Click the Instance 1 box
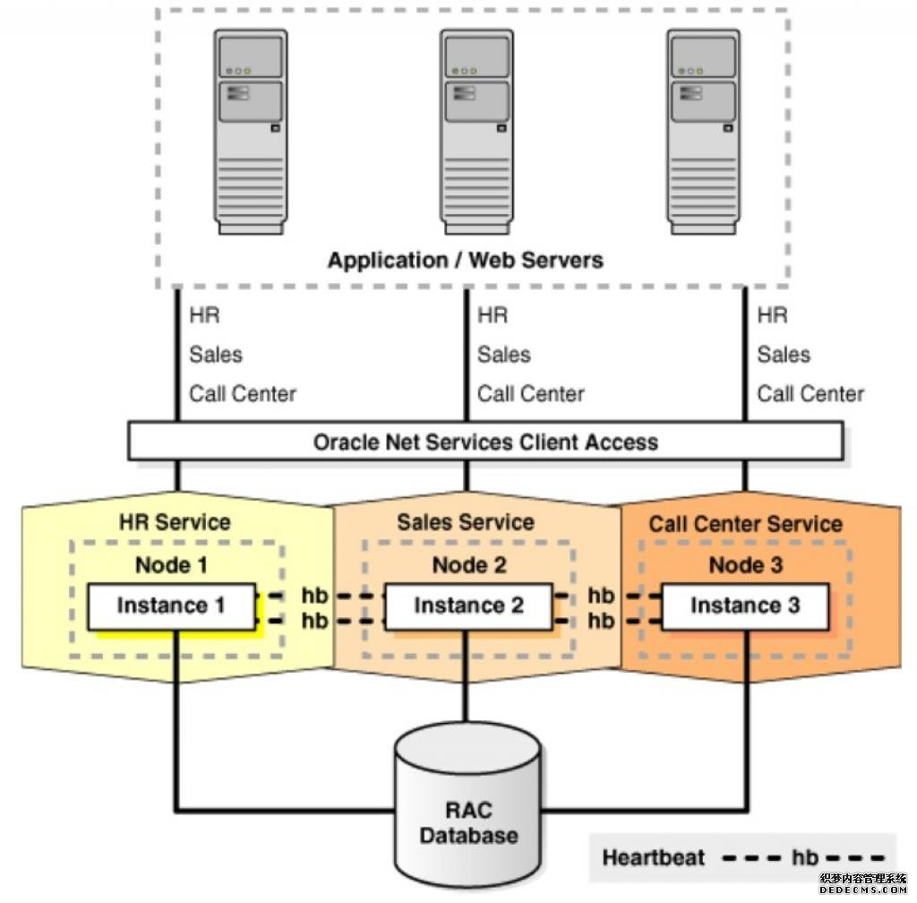(x=170, y=606)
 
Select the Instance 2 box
(x=468, y=606)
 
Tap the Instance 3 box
(x=745, y=606)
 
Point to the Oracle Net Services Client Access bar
(x=485, y=442)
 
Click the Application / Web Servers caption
(x=466, y=261)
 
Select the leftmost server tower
(x=251, y=132)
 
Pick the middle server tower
(x=476, y=132)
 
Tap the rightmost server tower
(x=703, y=132)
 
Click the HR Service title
(x=175, y=522)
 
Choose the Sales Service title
(x=466, y=522)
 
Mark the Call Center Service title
(x=746, y=524)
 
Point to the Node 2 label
(x=468, y=565)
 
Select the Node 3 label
(x=745, y=565)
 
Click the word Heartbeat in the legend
(x=654, y=857)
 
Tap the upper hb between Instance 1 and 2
(x=314, y=596)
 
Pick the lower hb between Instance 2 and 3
(x=601, y=620)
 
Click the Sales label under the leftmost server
(x=216, y=355)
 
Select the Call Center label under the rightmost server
(x=810, y=394)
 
